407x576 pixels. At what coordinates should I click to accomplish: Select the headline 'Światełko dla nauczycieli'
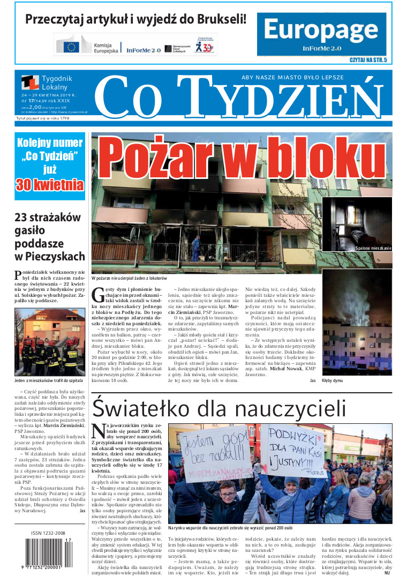click(x=219, y=408)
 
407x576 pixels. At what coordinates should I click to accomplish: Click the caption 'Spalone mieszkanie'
click(x=373, y=249)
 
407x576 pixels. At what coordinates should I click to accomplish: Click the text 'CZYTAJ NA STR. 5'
click(x=367, y=61)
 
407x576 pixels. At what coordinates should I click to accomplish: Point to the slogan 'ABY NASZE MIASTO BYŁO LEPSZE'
click(x=292, y=78)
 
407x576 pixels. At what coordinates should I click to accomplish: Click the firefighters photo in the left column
click(x=49, y=342)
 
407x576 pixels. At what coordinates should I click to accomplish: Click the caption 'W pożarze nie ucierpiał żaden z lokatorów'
click(x=129, y=279)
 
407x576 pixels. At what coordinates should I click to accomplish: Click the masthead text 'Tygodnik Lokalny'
click(x=56, y=83)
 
